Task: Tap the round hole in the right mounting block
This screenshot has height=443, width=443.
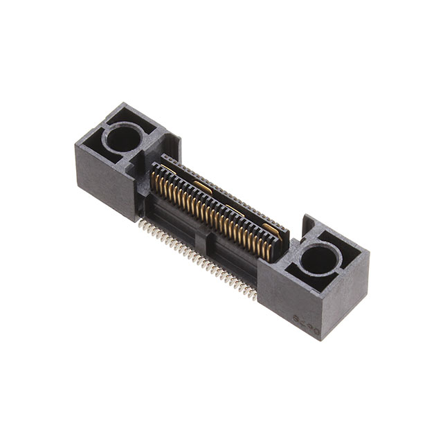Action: tap(320, 258)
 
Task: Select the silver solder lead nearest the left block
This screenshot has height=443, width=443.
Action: tap(140, 224)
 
